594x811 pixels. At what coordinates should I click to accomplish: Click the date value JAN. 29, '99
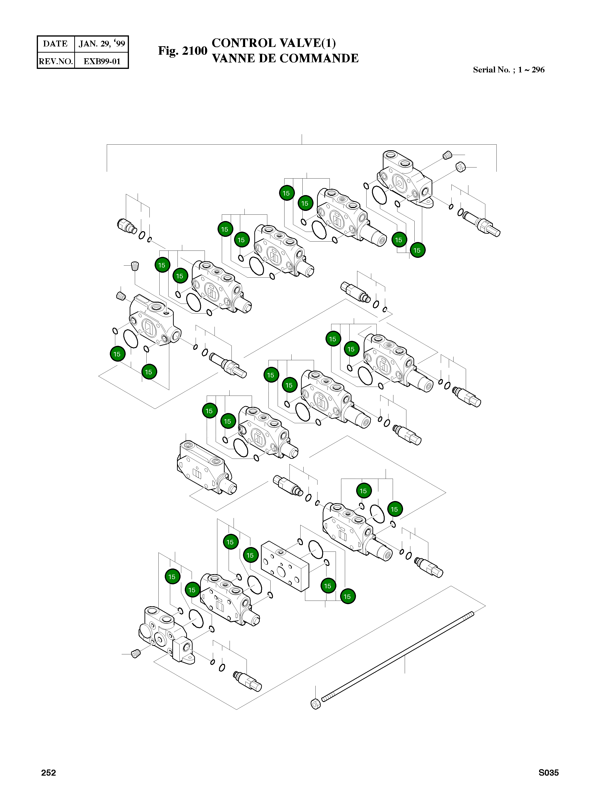click(102, 44)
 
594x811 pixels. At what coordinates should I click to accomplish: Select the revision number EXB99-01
click(102, 61)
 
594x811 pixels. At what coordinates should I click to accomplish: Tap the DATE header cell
click(55, 44)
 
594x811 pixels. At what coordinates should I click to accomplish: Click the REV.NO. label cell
click(56, 61)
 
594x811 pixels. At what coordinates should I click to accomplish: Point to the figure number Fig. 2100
click(183, 51)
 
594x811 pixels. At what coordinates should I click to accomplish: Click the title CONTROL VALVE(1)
click(274, 43)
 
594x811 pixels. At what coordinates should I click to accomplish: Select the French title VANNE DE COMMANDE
click(285, 58)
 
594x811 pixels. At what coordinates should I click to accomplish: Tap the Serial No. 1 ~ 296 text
click(508, 70)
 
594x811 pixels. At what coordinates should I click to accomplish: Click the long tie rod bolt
click(397, 657)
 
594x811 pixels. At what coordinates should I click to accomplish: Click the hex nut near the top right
click(461, 167)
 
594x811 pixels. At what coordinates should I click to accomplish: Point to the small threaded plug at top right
click(447, 155)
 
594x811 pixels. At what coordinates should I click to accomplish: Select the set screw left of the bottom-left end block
click(136, 654)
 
